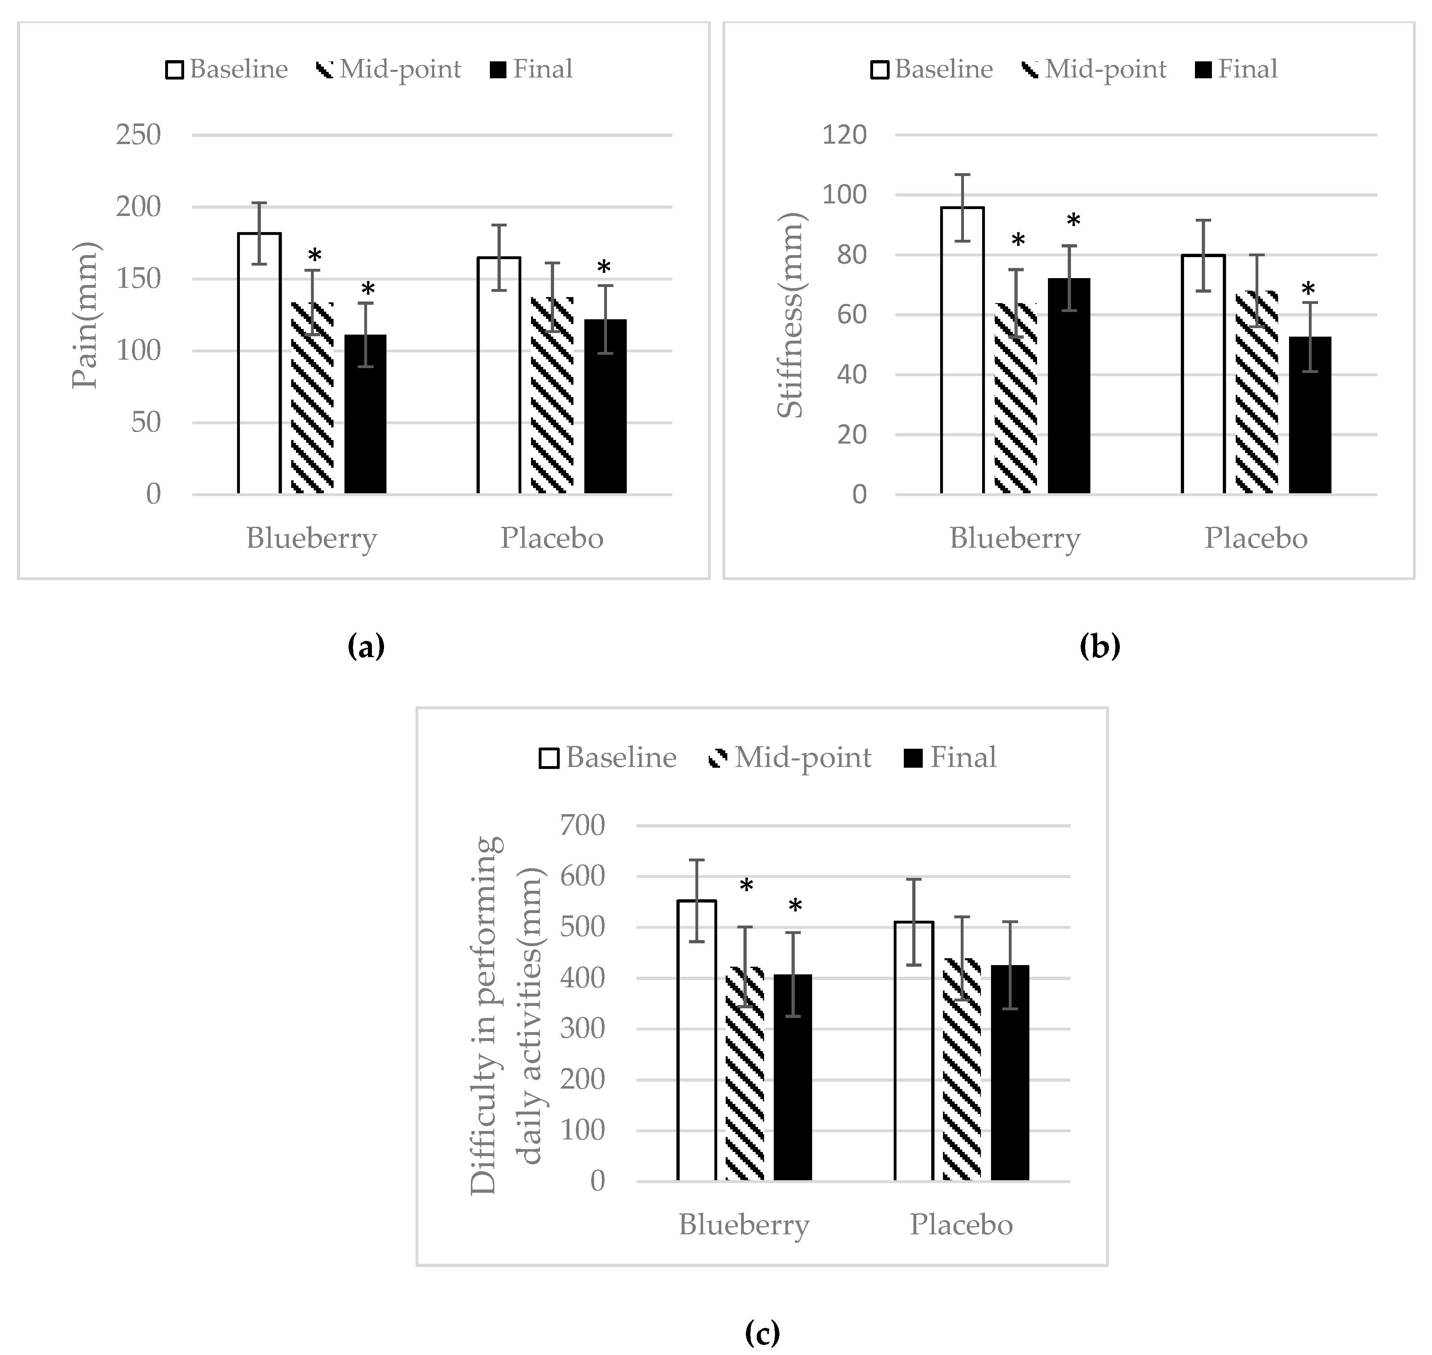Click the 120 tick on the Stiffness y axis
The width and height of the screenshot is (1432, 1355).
click(x=844, y=135)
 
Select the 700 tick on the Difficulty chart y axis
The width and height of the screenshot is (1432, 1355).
click(x=582, y=825)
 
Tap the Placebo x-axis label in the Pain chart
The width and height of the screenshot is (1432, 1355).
click(x=552, y=538)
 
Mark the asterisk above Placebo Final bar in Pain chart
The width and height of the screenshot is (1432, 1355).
click(x=604, y=269)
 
